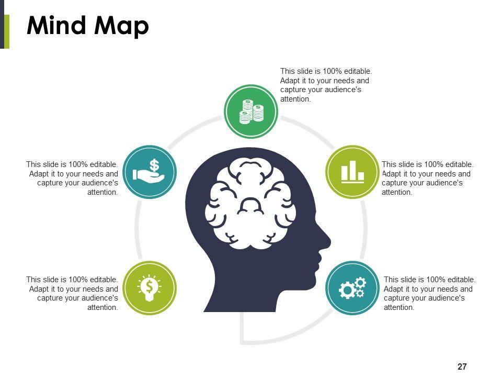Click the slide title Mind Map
87,25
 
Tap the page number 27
462,367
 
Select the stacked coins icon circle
251,112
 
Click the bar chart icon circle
352,172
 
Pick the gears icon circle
352,287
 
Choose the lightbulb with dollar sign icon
150,287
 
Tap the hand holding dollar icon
150,172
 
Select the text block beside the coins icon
326,85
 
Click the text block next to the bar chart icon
427,178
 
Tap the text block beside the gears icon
429,293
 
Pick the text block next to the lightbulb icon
72,293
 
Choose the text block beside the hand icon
72,178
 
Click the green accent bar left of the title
6,31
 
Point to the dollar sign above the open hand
154,165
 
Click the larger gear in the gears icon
347,290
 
